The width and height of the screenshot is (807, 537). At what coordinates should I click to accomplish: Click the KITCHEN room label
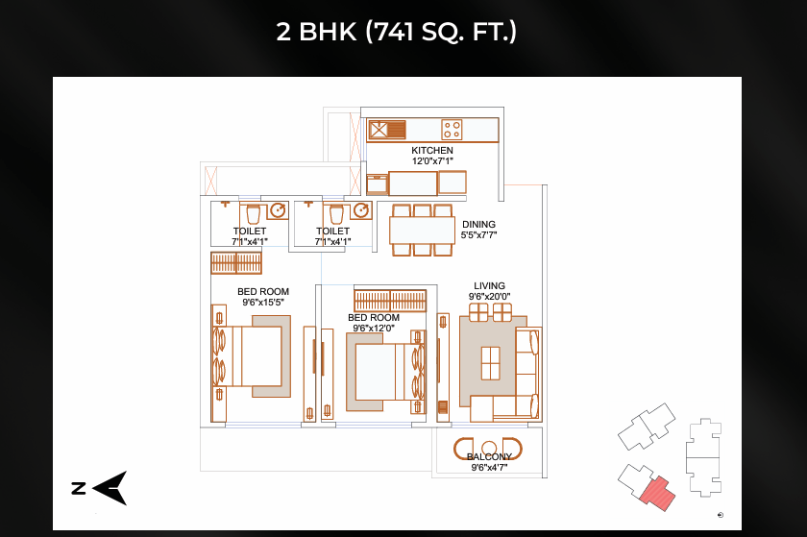tap(431, 150)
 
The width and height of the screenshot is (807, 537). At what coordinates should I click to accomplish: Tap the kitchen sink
tap(387, 130)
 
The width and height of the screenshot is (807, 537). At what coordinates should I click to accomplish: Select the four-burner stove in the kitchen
tap(452, 130)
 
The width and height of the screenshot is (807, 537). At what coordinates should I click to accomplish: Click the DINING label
tap(478, 225)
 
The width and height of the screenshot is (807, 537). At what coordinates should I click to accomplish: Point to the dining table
tap(422, 231)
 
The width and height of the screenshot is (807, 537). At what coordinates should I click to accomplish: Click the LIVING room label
tap(489, 285)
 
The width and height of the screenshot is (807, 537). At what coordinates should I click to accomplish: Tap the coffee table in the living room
tap(491, 363)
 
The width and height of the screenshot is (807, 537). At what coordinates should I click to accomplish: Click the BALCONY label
tap(489, 456)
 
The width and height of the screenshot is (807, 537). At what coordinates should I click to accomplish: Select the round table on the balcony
tap(488, 447)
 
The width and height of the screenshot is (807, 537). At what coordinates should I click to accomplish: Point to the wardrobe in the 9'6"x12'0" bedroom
tap(390, 301)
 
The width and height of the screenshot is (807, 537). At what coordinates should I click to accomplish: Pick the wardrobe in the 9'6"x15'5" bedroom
tap(236, 262)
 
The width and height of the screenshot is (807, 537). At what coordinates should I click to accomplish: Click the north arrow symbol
tap(110, 488)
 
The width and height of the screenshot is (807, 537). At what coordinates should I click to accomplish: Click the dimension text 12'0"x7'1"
tap(432, 161)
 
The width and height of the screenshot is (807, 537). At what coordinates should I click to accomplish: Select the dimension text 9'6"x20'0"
tap(489, 297)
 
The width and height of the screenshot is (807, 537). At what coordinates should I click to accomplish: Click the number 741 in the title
tap(394, 32)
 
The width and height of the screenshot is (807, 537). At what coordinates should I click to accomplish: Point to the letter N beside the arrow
tap(79, 488)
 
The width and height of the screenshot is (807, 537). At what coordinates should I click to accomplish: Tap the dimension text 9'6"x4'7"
tap(489, 468)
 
